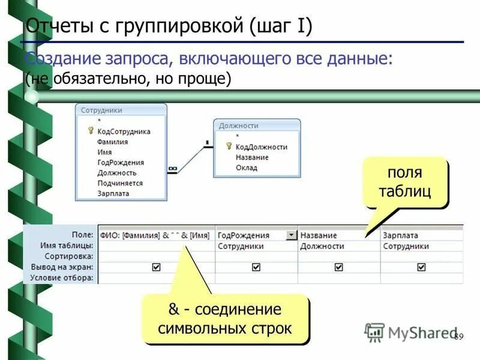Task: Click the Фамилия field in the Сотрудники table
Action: pos(112,142)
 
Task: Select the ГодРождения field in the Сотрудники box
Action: pos(120,163)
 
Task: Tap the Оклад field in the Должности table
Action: pos(246,168)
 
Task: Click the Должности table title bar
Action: pos(257,125)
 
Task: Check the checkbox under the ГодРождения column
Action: pos(256,267)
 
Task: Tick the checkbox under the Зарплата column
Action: pos(421,267)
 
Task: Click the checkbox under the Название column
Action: pos(339,267)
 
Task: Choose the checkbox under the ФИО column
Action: pos(157,267)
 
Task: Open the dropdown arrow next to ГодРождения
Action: pos(291,235)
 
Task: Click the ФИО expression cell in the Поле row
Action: pos(155,235)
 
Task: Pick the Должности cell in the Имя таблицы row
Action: pos(322,246)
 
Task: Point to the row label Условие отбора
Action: pos(67,278)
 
